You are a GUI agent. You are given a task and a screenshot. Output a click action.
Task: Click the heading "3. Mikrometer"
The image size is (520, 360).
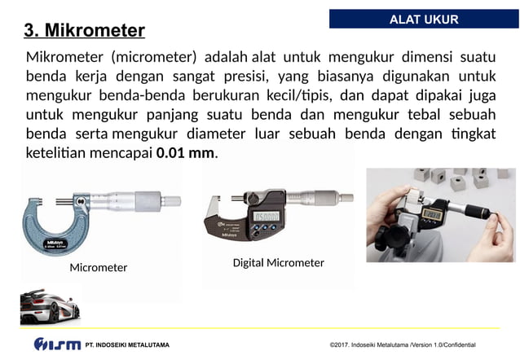[85, 31]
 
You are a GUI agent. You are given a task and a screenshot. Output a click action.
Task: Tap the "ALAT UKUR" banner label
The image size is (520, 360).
[424, 19]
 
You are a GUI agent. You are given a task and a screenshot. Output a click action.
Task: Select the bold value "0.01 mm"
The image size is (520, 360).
[185, 152]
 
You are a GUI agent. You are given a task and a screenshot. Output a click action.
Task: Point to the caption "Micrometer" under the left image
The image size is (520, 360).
[99, 267]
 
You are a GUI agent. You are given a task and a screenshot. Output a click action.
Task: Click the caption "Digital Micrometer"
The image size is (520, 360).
[278, 263]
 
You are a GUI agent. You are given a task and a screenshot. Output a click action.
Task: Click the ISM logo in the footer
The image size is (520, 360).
[57, 345]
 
